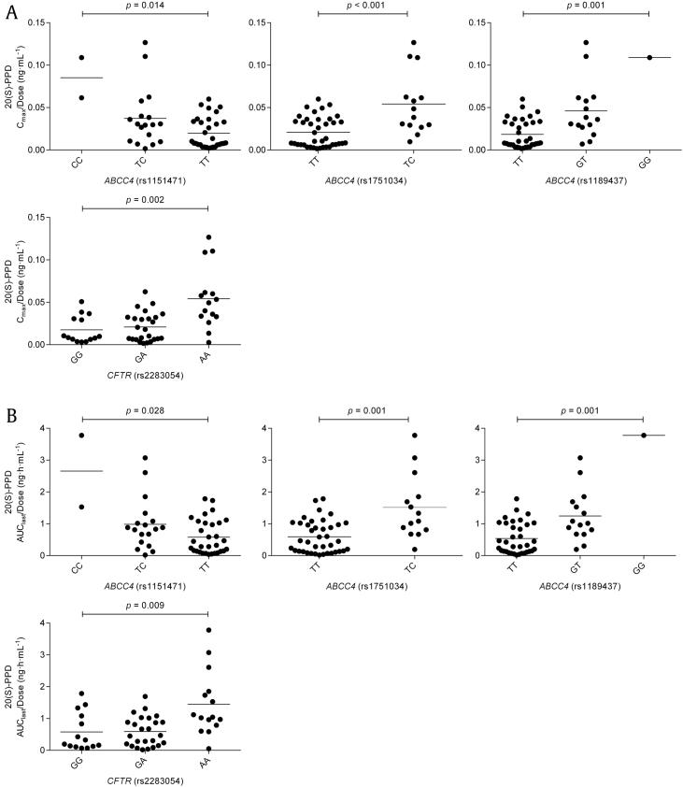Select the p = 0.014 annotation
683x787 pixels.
pyautogui.click(x=145, y=7)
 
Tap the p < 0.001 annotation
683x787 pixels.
pyautogui.click(x=363, y=7)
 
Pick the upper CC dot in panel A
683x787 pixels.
pyautogui.click(x=81, y=58)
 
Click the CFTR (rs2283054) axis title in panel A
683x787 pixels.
pyautogui.click(x=145, y=377)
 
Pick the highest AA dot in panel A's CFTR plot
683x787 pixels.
pyautogui.click(x=208, y=237)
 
